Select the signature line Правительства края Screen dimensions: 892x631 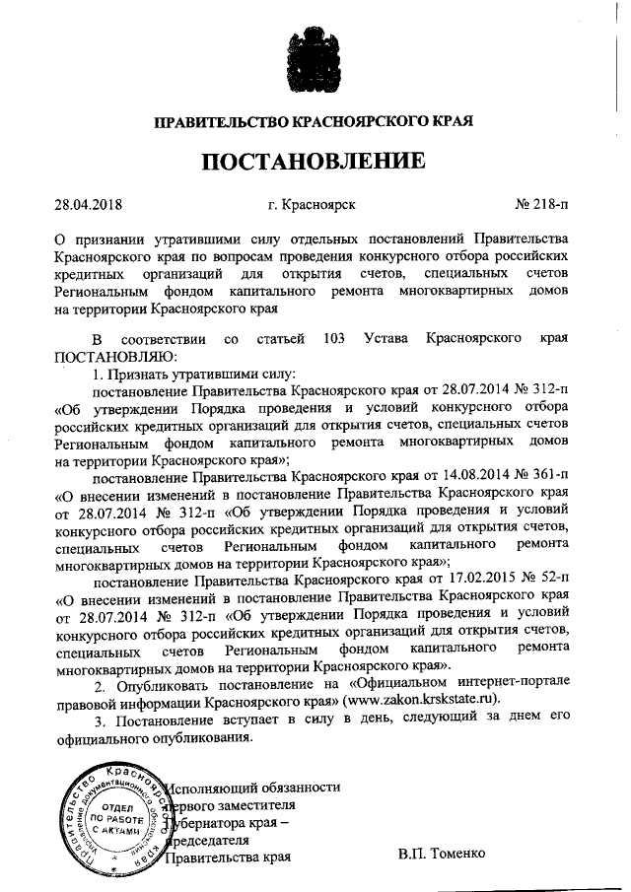pos(229,858)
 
